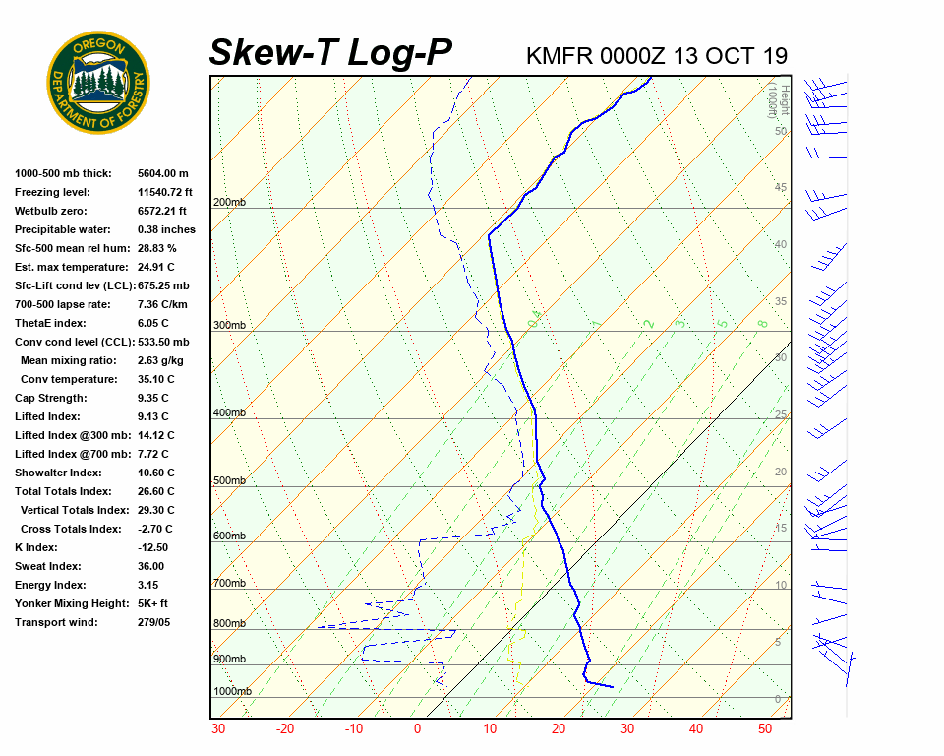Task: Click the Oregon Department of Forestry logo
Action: pos(98,83)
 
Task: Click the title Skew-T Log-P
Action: pos(330,53)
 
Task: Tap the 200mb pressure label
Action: pos(229,203)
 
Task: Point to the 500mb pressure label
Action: pos(229,481)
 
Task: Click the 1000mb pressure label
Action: pos(232,692)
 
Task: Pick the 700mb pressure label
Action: pos(229,584)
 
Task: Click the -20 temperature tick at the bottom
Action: pos(285,729)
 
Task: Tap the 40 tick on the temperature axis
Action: pos(695,729)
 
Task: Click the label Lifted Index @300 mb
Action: pos(66,435)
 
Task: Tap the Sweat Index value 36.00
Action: pos(150,566)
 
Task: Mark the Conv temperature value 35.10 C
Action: pos(157,379)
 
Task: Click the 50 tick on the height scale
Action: pos(780,131)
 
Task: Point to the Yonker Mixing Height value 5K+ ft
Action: pos(152,603)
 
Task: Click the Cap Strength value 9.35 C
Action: pos(153,398)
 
